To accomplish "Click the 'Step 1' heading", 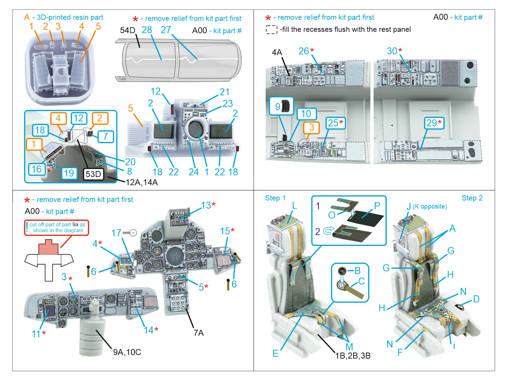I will point(275,198).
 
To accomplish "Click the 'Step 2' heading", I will point(472,198).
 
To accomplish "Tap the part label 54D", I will point(127,30).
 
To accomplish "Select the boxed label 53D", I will point(93,174).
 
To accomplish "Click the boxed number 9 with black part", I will point(281,106).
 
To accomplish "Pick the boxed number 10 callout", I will point(306,114).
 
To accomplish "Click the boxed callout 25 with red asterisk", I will point(335,123).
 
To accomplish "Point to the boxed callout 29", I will point(434,123).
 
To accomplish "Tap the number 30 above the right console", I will point(392,51).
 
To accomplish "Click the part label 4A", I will point(277,52).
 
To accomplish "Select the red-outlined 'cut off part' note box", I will point(57,227).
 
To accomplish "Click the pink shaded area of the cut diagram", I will point(48,248).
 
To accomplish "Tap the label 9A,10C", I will point(127,352).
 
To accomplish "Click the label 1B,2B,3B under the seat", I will point(353,356).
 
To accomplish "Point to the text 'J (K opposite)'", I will point(427,206).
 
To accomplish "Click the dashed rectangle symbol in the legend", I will point(272,29).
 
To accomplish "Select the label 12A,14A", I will point(142,182).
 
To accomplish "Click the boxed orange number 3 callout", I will point(311,127).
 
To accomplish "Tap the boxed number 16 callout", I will point(36,169).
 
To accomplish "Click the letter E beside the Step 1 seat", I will point(275,353).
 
